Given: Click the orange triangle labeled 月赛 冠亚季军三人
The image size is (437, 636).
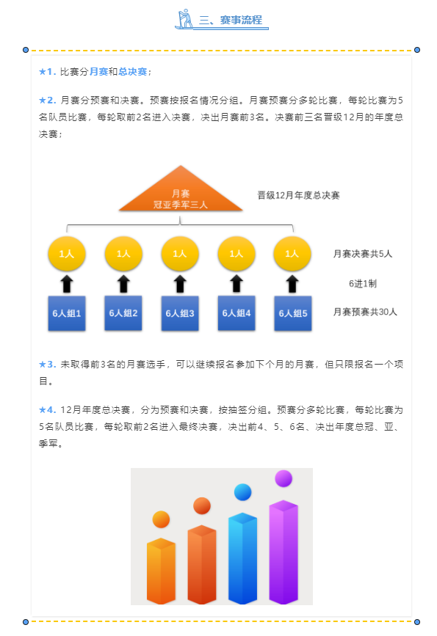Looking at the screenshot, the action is click(x=181, y=193).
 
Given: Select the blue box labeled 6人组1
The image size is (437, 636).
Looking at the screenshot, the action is click(x=67, y=313).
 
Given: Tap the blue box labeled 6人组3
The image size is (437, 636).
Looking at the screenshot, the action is click(x=180, y=313).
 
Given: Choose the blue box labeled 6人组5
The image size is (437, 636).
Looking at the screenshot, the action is click(x=293, y=313).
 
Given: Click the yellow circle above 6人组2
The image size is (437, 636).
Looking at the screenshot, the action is click(x=123, y=254).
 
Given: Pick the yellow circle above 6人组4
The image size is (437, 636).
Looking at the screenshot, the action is click(x=236, y=254).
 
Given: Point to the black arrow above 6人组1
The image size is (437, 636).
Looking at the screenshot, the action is click(x=67, y=284).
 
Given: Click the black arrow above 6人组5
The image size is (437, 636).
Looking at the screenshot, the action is click(x=292, y=284).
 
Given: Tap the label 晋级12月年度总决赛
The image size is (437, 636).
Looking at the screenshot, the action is click(x=298, y=196).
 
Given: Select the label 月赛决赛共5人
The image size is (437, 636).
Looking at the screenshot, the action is click(x=363, y=254).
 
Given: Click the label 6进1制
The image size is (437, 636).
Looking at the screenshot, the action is click(x=363, y=284).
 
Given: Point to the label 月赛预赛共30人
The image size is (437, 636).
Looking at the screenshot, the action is click(x=365, y=312).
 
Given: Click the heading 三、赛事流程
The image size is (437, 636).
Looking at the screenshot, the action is click(x=231, y=20).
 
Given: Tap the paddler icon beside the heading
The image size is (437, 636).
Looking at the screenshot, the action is click(x=185, y=18).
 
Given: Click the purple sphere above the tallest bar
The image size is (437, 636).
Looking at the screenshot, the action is click(x=283, y=478).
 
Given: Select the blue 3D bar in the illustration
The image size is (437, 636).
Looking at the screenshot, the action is click(x=243, y=558).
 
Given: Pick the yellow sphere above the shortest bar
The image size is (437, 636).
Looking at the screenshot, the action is click(x=161, y=519).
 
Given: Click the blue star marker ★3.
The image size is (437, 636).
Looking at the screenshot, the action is click(x=47, y=365).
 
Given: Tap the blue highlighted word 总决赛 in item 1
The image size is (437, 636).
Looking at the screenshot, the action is click(x=133, y=72).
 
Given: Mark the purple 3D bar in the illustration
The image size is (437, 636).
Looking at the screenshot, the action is click(x=283, y=552).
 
